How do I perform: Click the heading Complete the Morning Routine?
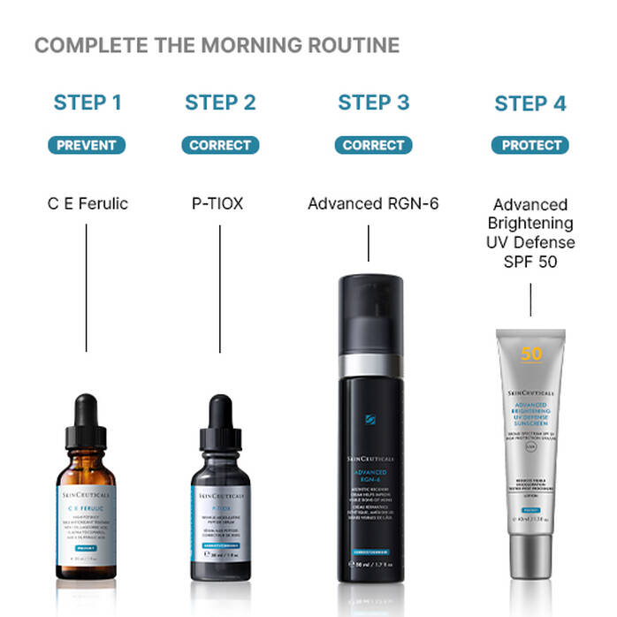pos(217,45)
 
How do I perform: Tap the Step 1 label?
pos(88,103)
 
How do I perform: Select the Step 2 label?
pos(220,103)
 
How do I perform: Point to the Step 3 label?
pos(373,103)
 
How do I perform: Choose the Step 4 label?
pos(530,103)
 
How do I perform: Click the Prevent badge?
pos(88,145)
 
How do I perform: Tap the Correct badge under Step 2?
pos(220,145)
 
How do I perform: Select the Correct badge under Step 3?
pos(373,145)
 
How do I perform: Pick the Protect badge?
pos(530,145)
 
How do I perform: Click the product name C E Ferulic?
pos(88,203)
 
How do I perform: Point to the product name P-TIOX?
pos(217,203)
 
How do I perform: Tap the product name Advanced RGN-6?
pos(373,203)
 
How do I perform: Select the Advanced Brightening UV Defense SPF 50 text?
pos(533,232)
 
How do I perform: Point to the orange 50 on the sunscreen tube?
pos(531,354)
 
